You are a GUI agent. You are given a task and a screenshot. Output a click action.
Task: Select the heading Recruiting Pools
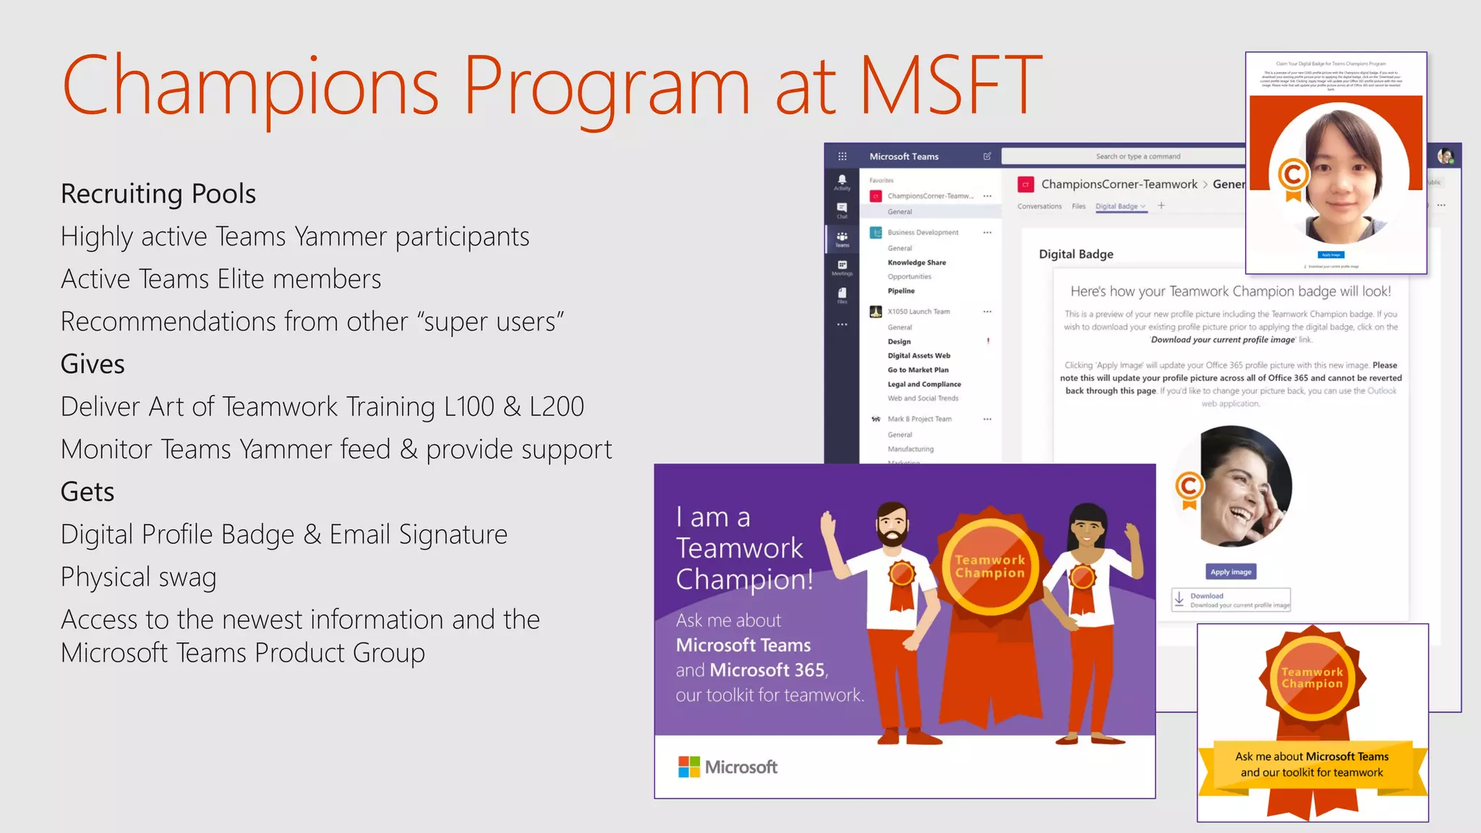point(158,194)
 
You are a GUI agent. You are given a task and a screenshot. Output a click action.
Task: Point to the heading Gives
point(93,364)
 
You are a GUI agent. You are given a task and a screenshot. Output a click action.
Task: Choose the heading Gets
point(88,492)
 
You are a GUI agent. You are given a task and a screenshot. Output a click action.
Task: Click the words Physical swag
point(139,577)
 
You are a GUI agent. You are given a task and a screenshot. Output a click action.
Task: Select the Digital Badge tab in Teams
point(1117,206)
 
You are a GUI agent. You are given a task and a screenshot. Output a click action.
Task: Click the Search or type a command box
point(1138,156)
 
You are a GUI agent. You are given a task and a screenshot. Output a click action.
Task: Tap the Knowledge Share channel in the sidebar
point(916,262)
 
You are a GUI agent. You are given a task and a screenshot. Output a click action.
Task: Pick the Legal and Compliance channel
point(924,384)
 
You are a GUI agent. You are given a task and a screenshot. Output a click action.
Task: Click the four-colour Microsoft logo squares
point(688,766)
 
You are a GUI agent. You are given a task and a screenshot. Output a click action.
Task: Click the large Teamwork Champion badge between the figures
point(990,566)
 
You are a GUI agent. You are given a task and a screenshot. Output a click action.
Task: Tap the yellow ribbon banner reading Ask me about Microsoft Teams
point(1312,764)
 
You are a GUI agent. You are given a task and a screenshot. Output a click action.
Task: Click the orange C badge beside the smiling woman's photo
point(1189,487)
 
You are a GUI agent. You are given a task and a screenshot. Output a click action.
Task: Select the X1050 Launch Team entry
point(918,312)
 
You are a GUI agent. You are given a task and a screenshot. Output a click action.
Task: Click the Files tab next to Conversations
point(1078,206)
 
